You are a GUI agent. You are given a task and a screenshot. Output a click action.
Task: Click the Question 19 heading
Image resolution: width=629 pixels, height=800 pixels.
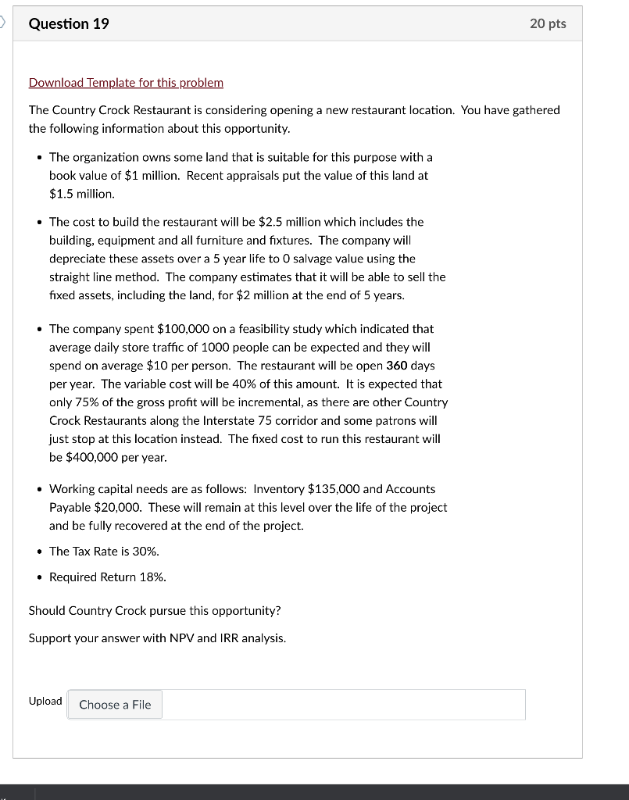pyautogui.click(x=69, y=23)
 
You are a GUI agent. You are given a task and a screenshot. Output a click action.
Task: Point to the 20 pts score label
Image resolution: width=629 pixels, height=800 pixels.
pyautogui.click(x=547, y=23)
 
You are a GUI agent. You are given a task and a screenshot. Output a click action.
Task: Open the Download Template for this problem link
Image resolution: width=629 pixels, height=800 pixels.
pyautogui.click(x=126, y=82)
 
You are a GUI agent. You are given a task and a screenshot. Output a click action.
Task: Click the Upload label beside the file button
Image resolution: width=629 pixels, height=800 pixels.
pyautogui.click(x=45, y=701)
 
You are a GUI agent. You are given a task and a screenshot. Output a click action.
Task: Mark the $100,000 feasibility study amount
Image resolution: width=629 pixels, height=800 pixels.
pyautogui.click(x=184, y=329)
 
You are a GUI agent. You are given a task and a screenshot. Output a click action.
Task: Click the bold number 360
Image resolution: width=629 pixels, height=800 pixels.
pyautogui.click(x=398, y=366)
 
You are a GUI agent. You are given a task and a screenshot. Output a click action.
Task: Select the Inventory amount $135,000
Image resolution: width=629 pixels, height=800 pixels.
pyautogui.click(x=334, y=488)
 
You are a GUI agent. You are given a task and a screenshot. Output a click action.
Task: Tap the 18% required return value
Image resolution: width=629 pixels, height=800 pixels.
pyautogui.click(x=154, y=577)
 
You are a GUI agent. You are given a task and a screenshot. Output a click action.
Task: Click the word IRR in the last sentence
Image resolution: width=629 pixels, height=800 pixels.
pyautogui.click(x=225, y=638)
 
